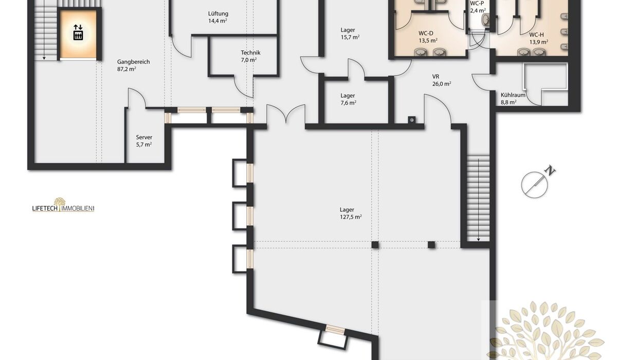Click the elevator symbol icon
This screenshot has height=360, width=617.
click(78, 32)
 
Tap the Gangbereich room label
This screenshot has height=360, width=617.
click(134, 62)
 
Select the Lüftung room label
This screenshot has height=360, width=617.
click(218, 13)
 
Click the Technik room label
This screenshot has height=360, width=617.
click(250, 52)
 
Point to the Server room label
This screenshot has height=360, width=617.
click(144, 137)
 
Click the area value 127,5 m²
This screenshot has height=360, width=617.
click(351, 217)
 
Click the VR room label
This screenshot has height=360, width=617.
click(436, 77)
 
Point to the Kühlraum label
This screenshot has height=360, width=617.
click(513, 95)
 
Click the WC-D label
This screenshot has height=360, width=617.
click(426, 33)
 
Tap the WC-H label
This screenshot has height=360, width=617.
click(537, 35)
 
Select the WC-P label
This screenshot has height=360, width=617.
click(477, 3)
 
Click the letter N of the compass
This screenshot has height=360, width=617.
click(551, 171)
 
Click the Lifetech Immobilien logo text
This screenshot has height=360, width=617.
click(63, 208)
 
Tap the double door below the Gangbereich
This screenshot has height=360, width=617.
click(286, 114)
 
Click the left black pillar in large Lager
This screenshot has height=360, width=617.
click(375, 245)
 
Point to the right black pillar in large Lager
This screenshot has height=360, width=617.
click(431, 245)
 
